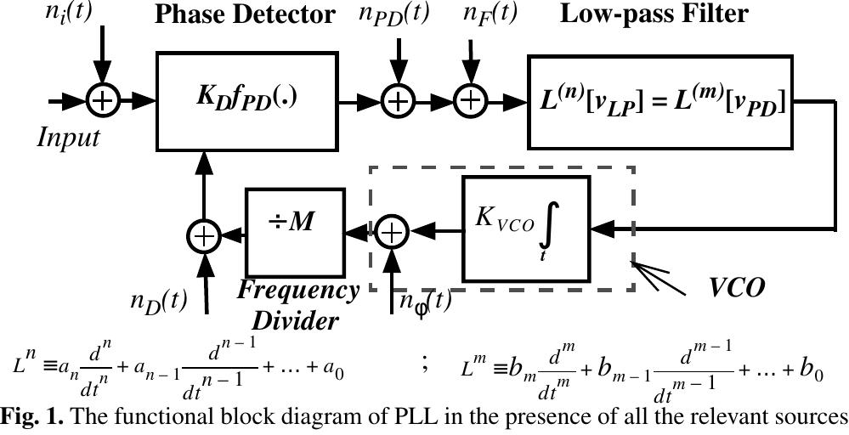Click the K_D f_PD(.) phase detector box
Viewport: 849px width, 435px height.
pos(246,100)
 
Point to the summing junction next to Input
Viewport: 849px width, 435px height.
pos(102,101)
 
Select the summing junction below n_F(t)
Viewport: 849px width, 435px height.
pos(468,101)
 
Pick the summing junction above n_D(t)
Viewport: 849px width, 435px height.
pos(204,234)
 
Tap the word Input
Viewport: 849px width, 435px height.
pos(68,137)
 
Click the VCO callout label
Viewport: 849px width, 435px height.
pos(737,286)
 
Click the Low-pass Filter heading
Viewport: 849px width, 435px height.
pos(654,14)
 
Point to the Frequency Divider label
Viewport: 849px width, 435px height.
pos(298,305)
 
